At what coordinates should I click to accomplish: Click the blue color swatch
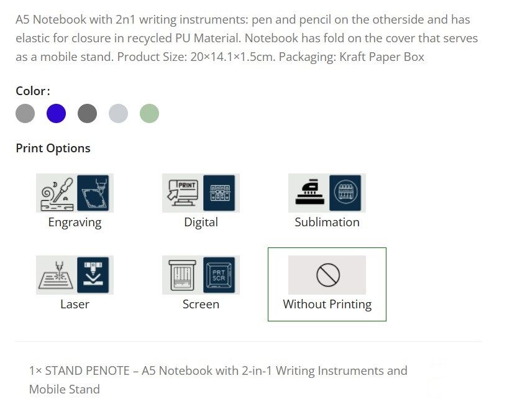[56, 114]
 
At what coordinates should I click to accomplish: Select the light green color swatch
[149, 114]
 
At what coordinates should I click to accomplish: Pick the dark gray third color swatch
[87, 114]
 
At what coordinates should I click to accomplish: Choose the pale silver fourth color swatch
[118, 114]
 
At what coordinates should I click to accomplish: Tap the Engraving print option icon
[75, 193]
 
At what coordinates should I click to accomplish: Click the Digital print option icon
[201, 193]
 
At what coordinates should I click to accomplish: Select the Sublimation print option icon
[327, 193]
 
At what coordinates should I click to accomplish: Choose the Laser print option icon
[75, 275]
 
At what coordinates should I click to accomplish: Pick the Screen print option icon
[201, 275]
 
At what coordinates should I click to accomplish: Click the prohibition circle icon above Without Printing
[327, 275]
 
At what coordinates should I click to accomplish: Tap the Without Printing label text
[327, 305]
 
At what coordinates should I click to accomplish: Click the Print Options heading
[53, 148]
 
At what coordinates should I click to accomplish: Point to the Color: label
[32, 91]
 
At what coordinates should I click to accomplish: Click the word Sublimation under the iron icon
[327, 223]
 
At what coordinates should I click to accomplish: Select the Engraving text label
[75, 223]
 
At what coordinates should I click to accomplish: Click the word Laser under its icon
[75, 305]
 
